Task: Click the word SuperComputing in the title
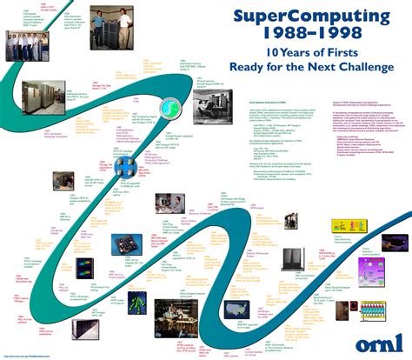tap(287, 18)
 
